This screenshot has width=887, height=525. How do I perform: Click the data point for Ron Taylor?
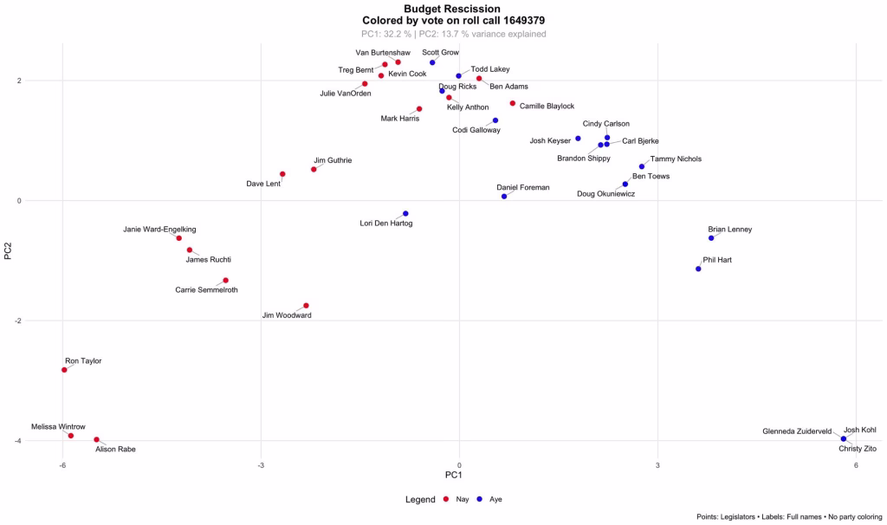click(64, 370)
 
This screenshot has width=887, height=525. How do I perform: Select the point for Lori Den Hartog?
click(405, 213)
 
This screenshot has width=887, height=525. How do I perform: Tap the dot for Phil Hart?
click(698, 269)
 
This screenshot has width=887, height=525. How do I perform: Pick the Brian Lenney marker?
click(711, 238)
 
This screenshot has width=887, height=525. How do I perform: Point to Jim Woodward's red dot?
click(306, 306)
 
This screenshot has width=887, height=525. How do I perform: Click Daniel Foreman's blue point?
click(504, 197)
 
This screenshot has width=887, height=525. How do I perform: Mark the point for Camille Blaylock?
click(513, 104)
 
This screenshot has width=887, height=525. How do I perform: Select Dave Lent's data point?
click(282, 174)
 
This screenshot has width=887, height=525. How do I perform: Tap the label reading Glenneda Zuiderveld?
click(797, 431)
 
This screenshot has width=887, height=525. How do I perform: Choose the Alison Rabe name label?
click(115, 449)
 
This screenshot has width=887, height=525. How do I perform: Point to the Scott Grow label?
click(440, 52)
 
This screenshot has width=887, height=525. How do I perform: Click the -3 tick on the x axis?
click(261, 465)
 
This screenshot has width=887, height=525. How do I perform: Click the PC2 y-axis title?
click(8, 251)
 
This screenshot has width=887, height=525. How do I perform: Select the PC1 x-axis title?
click(453, 476)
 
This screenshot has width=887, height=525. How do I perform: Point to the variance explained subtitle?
click(453, 34)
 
